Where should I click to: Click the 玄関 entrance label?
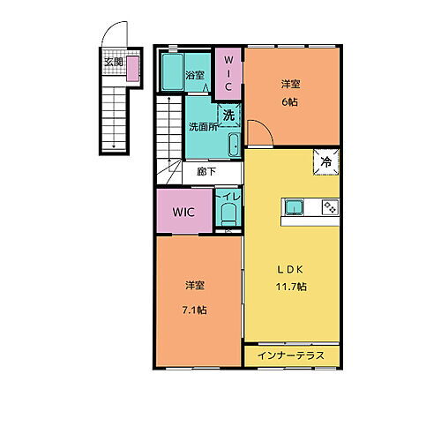pos(114,62)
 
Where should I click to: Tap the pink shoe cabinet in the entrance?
pos(132,68)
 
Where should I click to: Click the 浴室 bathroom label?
pos(195,75)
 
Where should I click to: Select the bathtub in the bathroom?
pos(172,71)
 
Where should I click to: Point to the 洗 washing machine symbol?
pos(228,116)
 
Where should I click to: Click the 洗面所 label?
pos(202,127)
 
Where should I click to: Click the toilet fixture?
pos(228,213)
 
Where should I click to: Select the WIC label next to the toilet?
pos(183,213)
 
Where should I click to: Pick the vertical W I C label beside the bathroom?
pos(228,70)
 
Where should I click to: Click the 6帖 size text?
pos(290,102)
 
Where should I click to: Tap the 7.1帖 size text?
pos(196,310)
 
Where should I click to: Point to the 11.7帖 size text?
pos(289,287)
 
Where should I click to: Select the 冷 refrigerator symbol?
pos(325,161)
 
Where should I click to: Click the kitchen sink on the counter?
pos(295,207)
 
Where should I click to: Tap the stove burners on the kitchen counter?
pos(330,207)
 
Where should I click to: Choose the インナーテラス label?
pos(291,355)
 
